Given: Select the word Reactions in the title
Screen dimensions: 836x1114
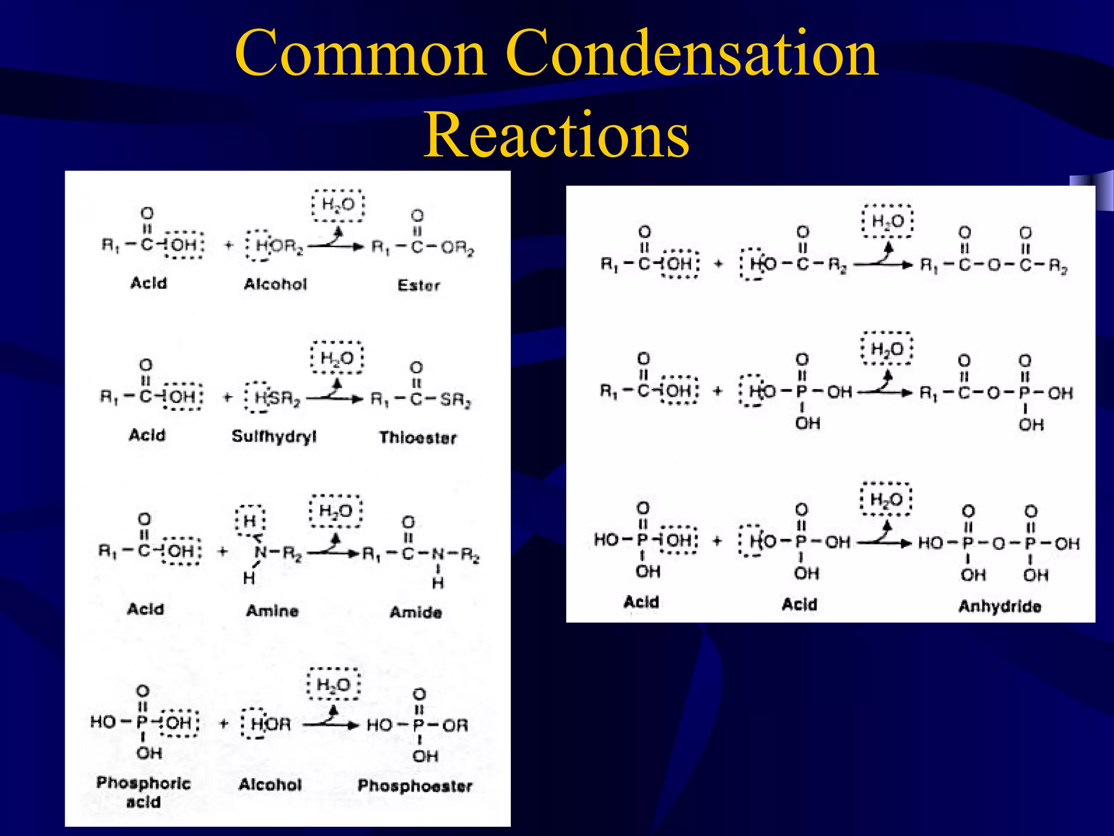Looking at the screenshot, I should pos(556,134).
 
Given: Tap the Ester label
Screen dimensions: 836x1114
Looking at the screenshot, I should pos(418,285).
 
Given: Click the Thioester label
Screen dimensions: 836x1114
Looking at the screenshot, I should pos(418,438).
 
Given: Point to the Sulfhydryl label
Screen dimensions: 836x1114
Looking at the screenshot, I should pos(274,437).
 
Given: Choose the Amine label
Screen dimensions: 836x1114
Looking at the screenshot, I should pos(272,611).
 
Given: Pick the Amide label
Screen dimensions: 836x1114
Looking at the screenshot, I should pos(416,612).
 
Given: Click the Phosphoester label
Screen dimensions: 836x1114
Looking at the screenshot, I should pos(415,786).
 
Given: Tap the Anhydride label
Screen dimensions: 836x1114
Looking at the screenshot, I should pos(1000,606).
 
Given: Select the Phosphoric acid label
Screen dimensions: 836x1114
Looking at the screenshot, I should pos(144,792).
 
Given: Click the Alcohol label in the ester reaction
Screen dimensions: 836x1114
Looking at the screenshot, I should pos(275,284).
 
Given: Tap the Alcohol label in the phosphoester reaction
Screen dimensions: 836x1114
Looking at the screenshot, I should pos(270,784).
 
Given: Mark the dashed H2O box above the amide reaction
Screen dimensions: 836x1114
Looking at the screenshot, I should pos(336,511).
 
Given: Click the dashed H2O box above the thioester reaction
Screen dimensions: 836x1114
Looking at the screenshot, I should pos(337,358).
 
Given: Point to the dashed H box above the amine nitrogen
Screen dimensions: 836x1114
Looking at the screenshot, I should pos(250,520).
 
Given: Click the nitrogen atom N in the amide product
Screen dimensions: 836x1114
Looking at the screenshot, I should pos(438,554).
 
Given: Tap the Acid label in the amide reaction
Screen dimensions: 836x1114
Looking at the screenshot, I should pos(145,609).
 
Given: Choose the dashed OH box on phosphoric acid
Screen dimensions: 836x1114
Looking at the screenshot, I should pos(180,723).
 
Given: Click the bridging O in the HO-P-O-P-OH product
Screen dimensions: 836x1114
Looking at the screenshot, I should pos(999,543).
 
